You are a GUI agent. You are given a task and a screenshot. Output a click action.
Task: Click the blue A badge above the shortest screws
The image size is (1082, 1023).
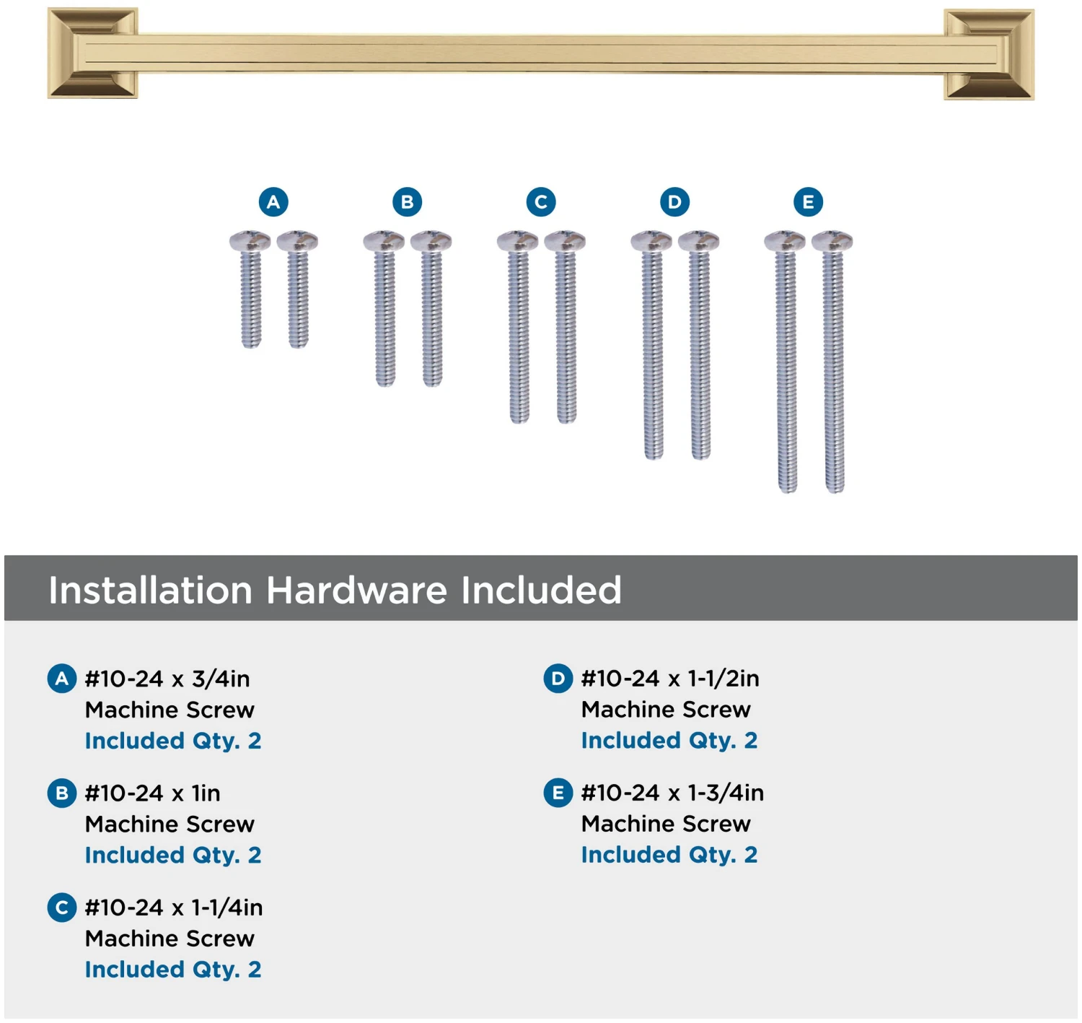click(x=273, y=202)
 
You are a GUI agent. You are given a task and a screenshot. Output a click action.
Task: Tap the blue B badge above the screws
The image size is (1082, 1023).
click(x=407, y=202)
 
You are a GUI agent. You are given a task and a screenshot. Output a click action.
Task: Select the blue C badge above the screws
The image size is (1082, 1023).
click(x=541, y=202)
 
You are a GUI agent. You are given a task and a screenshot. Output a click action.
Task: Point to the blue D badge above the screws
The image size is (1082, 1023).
click(x=674, y=202)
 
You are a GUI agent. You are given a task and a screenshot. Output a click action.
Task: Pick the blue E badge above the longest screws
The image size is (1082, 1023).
click(x=808, y=202)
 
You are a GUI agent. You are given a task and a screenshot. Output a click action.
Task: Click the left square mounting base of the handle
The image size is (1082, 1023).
click(x=92, y=53)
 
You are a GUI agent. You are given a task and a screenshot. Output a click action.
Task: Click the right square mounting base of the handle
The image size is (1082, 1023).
click(x=989, y=54)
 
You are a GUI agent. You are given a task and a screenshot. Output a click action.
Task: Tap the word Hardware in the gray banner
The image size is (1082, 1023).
click(x=356, y=590)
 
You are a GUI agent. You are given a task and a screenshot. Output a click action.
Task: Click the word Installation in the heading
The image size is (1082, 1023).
click(x=150, y=590)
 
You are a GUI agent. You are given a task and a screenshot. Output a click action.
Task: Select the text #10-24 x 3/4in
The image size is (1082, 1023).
click(x=167, y=679)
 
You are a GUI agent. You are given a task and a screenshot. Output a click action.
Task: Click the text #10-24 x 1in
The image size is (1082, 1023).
click(x=152, y=793)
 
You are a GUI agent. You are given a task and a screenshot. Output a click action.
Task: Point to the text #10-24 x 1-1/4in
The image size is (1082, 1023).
click(x=174, y=907)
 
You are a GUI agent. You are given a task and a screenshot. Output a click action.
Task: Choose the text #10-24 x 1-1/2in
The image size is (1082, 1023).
click(x=670, y=679)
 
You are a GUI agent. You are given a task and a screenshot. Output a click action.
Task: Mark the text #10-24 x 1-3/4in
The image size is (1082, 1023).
click(x=672, y=792)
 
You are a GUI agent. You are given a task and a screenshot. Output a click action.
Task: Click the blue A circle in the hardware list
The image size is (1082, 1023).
click(x=61, y=679)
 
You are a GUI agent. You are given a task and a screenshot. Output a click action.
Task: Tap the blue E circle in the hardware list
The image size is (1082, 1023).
click(x=558, y=792)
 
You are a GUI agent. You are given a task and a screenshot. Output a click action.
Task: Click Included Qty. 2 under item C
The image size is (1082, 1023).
click(x=173, y=970)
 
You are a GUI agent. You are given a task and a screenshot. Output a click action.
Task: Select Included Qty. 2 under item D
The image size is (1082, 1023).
click(x=669, y=741)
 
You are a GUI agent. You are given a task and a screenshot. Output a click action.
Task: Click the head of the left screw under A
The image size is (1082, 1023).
click(x=250, y=240)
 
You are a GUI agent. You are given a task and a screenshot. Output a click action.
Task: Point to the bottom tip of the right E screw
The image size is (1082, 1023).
click(x=835, y=492)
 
